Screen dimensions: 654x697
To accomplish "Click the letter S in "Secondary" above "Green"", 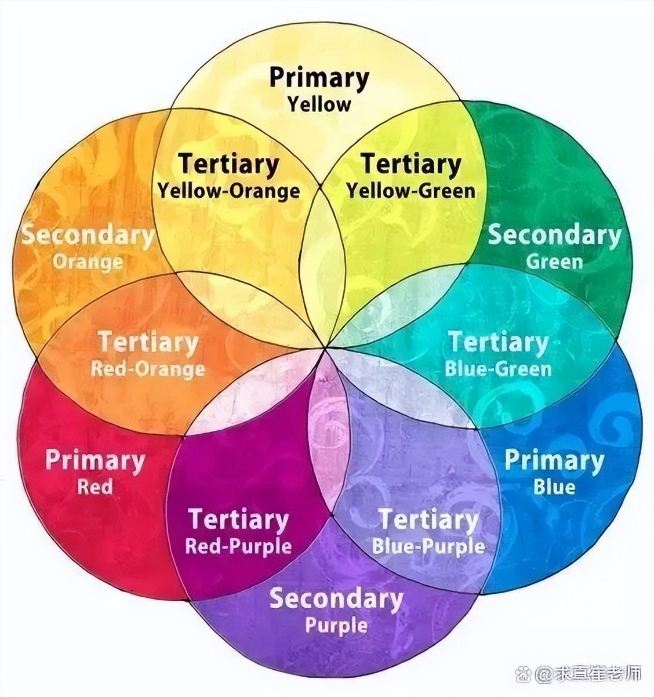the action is click(496, 235).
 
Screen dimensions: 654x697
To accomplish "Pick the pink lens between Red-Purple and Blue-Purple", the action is click(329, 439).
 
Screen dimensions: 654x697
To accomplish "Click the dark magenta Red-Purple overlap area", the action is click(242, 498).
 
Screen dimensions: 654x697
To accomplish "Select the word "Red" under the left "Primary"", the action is click(95, 487).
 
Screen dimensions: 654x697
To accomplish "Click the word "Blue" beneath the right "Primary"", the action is click(554, 487).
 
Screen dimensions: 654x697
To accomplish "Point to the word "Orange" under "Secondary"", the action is click(88, 262).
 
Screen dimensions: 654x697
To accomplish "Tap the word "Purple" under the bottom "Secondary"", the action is click(336, 626).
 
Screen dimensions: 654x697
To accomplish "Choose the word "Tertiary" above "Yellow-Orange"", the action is click(228, 164).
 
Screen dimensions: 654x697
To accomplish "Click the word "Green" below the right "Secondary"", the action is click(554, 262).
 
